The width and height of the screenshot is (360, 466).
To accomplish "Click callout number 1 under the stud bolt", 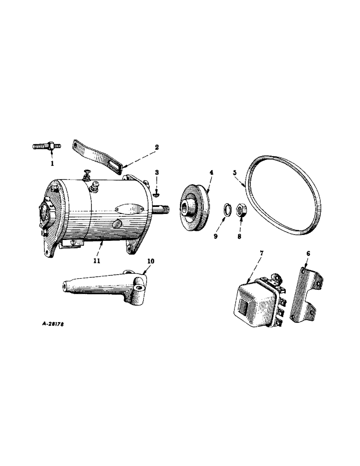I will [52, 164].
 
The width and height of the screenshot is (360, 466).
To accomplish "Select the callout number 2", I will [157, 147].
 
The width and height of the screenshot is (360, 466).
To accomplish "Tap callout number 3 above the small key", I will [157, 172].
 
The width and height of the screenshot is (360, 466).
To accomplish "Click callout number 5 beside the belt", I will [235, 172].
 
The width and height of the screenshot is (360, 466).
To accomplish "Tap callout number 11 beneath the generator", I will [97, 261].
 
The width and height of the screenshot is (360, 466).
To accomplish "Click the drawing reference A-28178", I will [49, 322].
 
